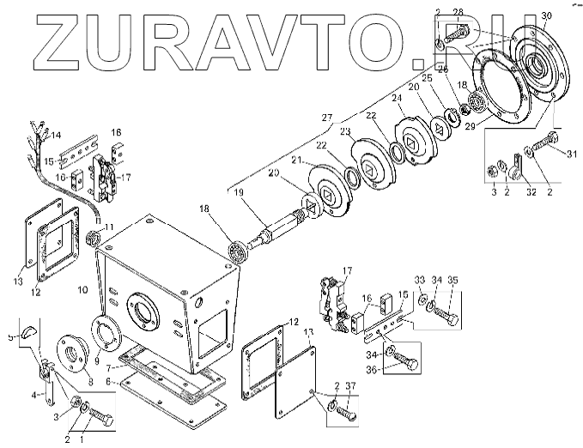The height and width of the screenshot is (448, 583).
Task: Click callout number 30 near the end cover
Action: coord(547,16)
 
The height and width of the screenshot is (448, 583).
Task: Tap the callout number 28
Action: coord(458,12)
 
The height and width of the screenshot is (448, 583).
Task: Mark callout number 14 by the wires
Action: coord(57,136)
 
